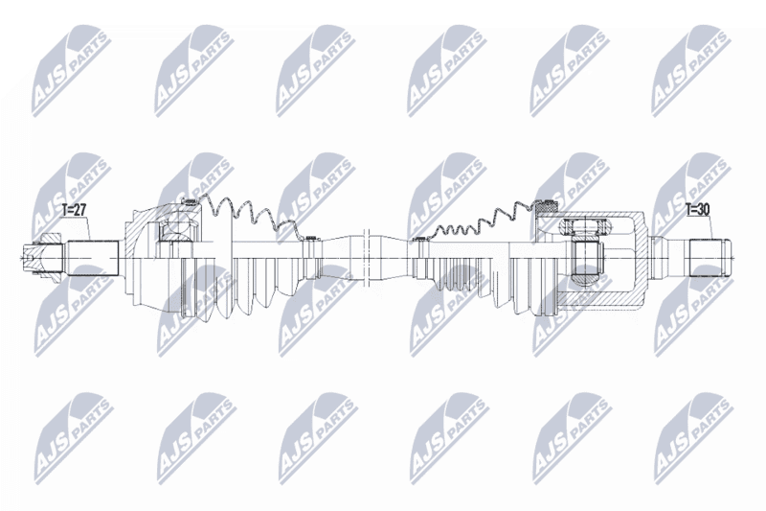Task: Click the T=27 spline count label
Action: [75, 210]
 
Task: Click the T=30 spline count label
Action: [698, 209]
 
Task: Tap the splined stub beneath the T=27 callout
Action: [93, 258]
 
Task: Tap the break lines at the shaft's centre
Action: [368, 257]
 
